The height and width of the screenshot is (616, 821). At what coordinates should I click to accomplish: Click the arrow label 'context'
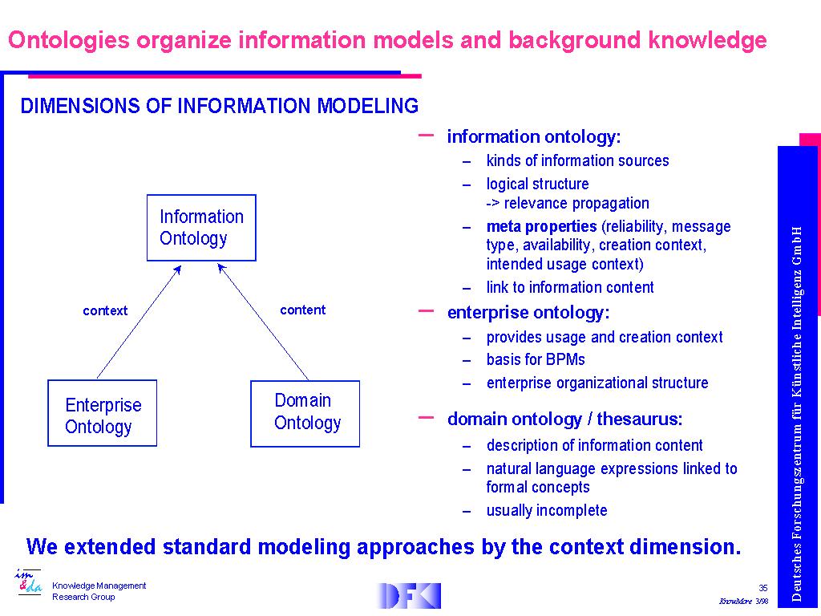(105, 310)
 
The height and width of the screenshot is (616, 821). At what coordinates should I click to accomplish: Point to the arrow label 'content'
(302, 310)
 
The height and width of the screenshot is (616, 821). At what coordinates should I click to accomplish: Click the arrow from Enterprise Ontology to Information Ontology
(139, 322)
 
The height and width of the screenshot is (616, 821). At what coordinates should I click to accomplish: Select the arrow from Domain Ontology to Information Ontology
(263, 322)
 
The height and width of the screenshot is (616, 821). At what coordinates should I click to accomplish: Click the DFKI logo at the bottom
(409, 596)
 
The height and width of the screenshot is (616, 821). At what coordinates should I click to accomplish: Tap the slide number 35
(763, 588)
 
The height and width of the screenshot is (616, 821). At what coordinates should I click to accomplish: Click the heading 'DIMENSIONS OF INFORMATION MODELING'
(220, 106)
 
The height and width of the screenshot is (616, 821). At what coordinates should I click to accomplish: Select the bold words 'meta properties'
(541, 226)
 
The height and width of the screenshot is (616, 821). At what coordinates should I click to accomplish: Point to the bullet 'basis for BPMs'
(536, 359)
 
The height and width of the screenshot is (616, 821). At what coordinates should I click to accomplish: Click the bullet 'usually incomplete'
(547, 510)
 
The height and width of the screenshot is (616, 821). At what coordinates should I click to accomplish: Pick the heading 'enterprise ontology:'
(528, 313)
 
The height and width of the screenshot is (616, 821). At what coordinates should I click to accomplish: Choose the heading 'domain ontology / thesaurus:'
(565, 419)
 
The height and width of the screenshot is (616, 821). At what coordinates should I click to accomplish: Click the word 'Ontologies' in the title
(69, 40)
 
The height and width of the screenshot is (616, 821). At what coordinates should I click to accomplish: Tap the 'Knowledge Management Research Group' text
(99, 591)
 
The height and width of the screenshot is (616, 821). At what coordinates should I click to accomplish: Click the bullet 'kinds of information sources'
(577, 160)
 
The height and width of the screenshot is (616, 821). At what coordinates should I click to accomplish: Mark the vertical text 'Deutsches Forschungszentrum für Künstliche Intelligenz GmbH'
(796, 414)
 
